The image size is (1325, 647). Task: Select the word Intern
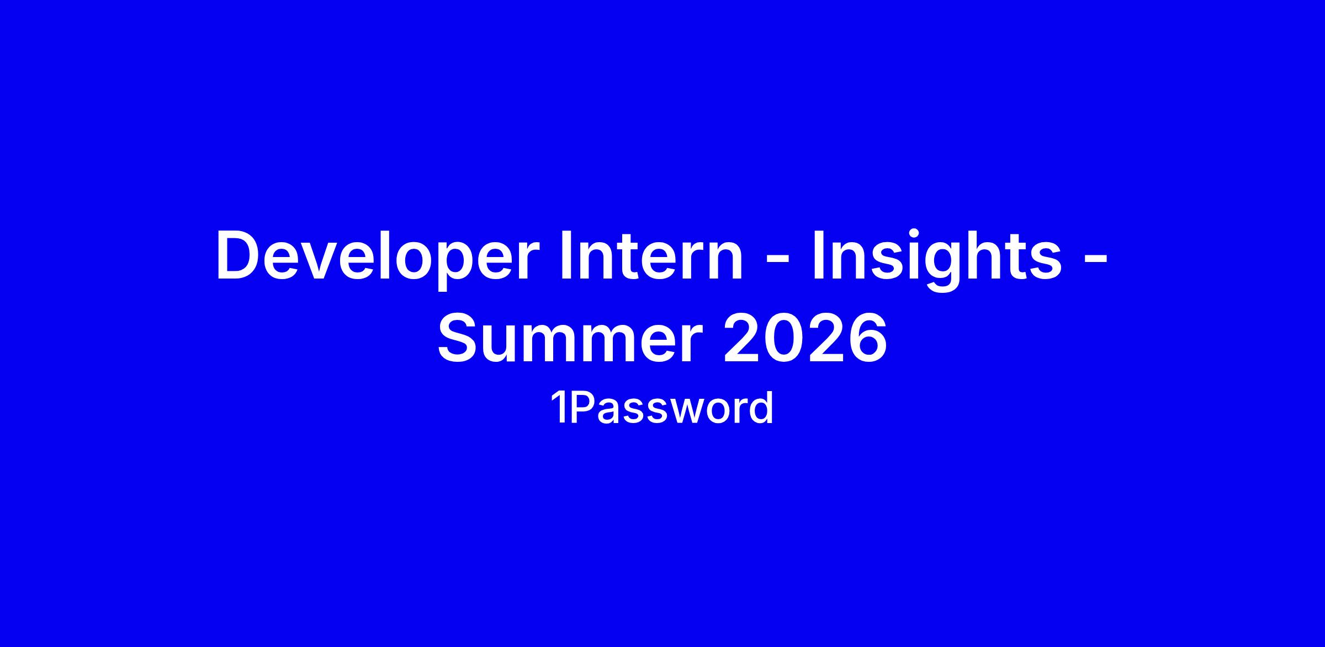(651, 255)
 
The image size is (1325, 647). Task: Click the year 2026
(804, 337)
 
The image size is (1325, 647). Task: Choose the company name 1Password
(661, 408)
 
